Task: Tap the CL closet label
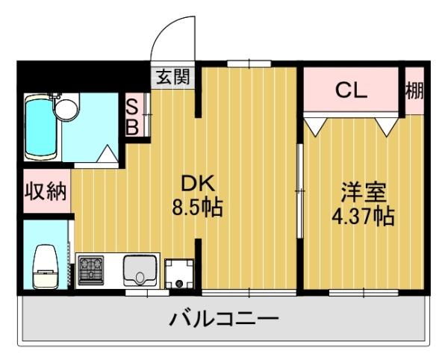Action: [349, 90]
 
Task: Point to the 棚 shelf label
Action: [414, 90]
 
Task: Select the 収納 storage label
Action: [44, 191]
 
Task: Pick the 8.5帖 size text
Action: [197, 207]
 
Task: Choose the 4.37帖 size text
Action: [363, 217]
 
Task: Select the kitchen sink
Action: [140, 270]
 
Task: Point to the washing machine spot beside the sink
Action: [179, 273]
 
